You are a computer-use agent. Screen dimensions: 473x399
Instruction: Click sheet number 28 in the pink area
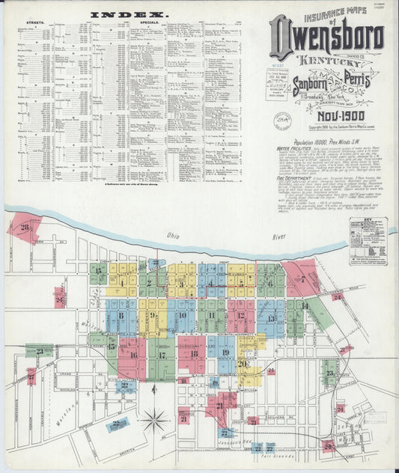(x=25, y=227)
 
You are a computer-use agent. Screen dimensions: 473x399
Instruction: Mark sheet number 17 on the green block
(x=161, y=355)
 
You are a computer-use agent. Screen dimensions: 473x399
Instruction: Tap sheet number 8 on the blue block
(x=121, y=316)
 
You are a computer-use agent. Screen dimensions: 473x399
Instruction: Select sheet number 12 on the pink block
(x=240, y=315)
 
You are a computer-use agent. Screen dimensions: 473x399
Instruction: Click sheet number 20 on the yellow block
(x=243, y=363)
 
